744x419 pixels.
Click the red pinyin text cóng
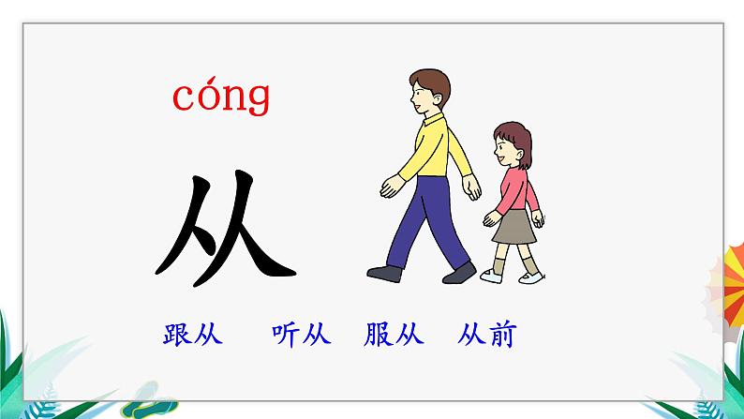[x=221, y=97]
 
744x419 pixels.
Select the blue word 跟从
[x=192, y=335]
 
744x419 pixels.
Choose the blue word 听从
[x=301, y=335]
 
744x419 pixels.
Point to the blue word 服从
[x=394, y=335]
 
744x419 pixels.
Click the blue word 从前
[x=488, y=335]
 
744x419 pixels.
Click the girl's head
[x=511, y=145]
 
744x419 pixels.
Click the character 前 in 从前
[x=502, y=335]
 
